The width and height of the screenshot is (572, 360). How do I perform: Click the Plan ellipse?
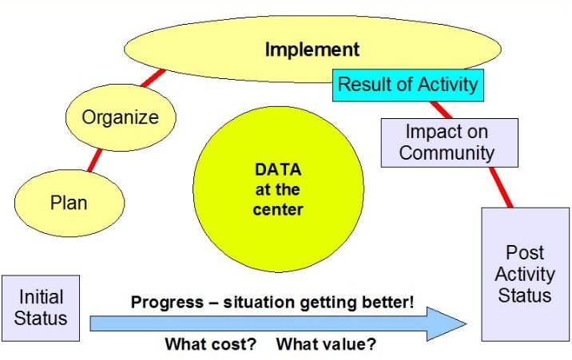click(70, 203)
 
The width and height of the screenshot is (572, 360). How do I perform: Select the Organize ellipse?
click(121, 117)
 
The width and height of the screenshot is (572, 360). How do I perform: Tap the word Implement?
click(312, 49)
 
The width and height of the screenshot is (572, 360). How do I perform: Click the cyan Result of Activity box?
click(408, 85)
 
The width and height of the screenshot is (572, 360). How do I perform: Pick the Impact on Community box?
click(450, 143)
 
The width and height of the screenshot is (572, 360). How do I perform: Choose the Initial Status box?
click(41, 308)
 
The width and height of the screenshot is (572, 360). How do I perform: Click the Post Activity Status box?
click(526, 275)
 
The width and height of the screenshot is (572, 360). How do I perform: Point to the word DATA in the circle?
click(278, 169)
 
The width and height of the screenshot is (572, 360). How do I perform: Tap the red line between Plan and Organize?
click(95, 160)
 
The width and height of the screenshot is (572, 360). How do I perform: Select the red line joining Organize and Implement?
click(153, 78)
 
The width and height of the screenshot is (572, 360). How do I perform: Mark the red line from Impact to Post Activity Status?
click(501, 188)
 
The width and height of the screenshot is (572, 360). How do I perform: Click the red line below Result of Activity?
click(441, 109)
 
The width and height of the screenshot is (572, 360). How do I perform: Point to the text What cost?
click(211, 344)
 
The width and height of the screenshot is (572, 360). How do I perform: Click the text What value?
click(326, 344)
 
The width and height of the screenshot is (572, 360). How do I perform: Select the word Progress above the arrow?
click(168, 303)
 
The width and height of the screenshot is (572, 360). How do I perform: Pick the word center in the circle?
click(278, 210)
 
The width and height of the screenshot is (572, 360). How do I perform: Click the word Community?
click(447, 153)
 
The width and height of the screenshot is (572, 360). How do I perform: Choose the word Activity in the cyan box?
click(448, 85)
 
